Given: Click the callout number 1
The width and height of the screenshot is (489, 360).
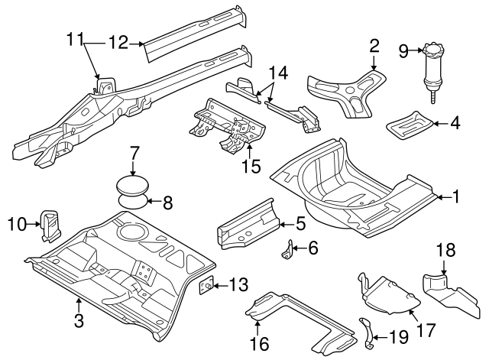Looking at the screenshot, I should tap(455, 197).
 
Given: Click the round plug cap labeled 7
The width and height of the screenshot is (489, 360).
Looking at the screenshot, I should tap(132, 186).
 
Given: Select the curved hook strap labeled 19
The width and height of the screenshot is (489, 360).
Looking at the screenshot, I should tap(368, 334).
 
